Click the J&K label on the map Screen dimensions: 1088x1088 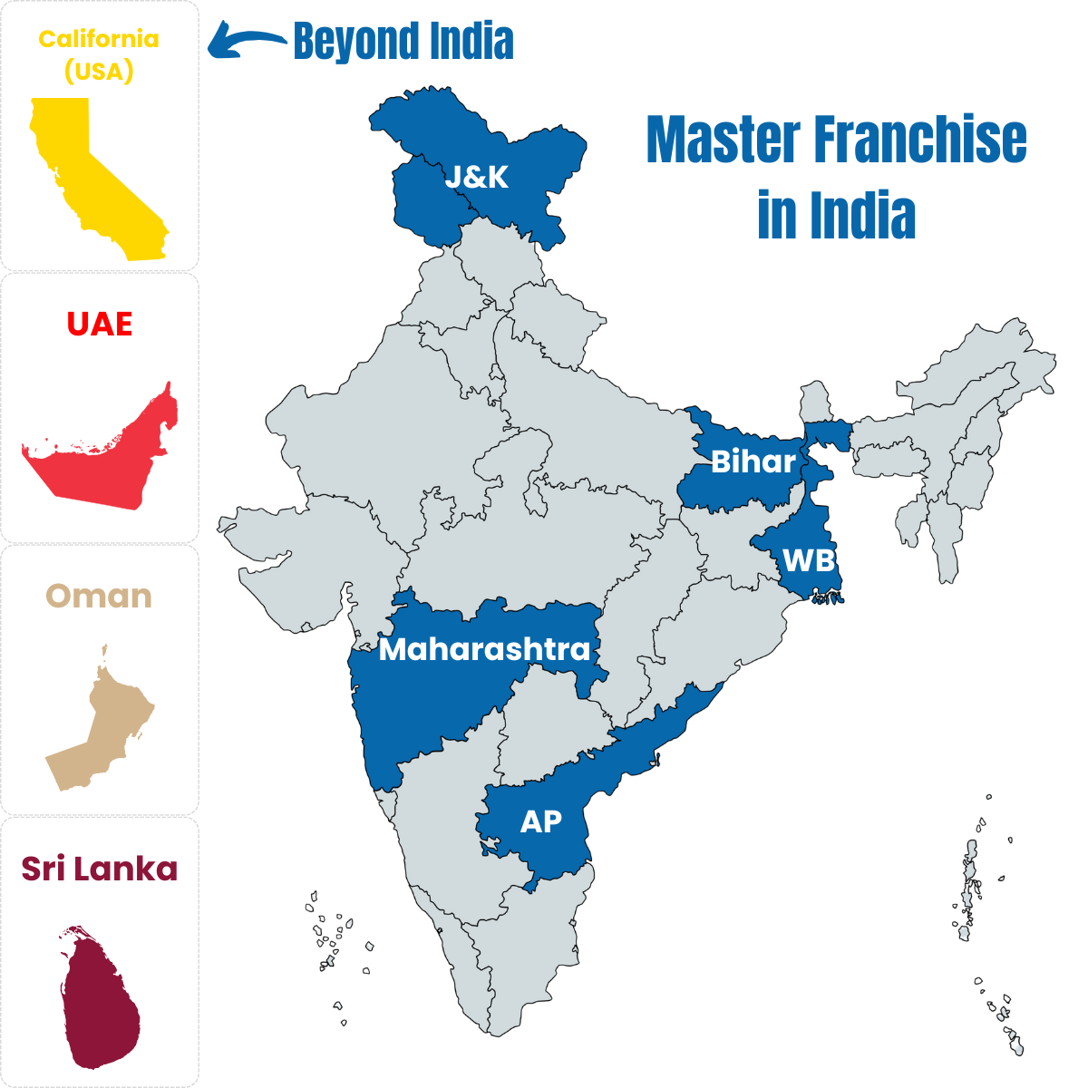point(476,177)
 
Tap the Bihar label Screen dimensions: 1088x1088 point(753,461)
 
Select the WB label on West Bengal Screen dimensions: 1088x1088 point(808,560)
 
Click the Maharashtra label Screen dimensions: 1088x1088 point(484,649)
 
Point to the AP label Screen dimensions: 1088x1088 point(540,821)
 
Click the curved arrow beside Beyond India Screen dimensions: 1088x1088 point(245,42)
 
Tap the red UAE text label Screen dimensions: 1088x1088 point(100,324)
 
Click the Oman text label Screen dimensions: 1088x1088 point(99,596)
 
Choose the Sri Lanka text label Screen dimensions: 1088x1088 point(99,869)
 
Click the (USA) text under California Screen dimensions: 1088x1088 point(99,72)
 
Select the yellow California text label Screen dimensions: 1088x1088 point(99,39)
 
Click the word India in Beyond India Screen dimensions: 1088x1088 point(466,42)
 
